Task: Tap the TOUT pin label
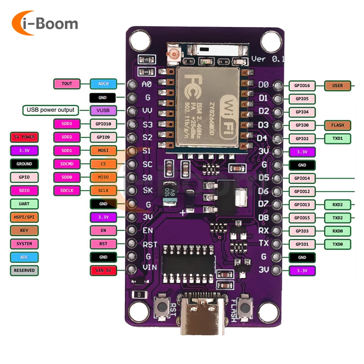67,84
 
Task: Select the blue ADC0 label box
103,84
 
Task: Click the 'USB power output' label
50,110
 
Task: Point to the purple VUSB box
103,110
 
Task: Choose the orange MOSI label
103,150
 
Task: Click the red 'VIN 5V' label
103,270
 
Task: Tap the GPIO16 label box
302,86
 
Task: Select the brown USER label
337,86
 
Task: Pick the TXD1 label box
337,138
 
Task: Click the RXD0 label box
337,231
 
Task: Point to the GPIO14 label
302,178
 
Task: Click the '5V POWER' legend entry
24,137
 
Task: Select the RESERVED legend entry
24,270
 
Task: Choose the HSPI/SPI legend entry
24,217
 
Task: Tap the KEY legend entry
24,230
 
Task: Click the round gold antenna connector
174,55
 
